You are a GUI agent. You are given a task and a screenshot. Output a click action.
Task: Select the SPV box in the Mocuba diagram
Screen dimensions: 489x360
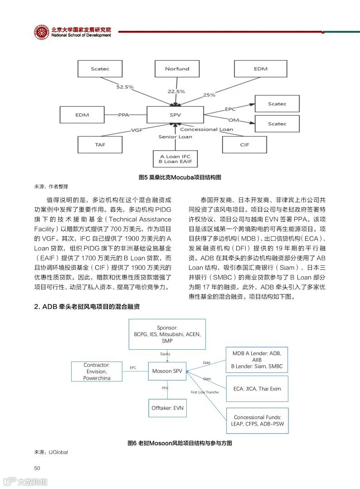coord(175,115)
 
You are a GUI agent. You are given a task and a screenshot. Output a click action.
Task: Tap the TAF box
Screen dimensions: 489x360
coord(100,145)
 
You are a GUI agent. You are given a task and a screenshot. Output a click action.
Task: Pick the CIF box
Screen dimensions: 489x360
coord(244,145)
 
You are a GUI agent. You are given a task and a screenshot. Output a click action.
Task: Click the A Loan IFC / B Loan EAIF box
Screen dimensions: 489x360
coord(175,159)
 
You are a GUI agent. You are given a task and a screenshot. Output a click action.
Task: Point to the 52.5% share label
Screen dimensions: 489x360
coord(126,86)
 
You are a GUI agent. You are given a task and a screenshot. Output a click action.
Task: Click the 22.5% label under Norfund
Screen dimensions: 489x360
coord(176,92)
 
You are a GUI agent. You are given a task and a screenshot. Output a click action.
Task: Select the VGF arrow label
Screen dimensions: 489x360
coord(137,130)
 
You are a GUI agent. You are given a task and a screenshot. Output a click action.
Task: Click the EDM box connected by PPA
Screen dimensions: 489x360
coord(82,115)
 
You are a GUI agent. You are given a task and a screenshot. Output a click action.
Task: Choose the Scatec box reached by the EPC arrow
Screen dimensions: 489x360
coord(277,104)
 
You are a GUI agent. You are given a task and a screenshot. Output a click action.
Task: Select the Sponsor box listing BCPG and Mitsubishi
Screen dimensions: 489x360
coord(167,334)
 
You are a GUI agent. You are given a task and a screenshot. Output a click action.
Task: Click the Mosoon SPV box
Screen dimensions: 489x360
coord(167,371)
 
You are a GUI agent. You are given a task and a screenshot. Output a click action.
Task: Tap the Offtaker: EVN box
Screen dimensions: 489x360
coord(167,408)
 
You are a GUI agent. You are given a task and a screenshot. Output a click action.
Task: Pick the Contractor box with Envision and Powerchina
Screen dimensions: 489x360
coord(97,371)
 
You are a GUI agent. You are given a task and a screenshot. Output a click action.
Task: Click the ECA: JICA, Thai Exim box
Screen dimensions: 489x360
coord(257,389)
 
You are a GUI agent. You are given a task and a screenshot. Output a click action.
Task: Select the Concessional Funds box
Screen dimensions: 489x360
coord(257,421)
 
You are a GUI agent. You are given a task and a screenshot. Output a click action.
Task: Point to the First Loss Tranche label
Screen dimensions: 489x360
coord(204,392)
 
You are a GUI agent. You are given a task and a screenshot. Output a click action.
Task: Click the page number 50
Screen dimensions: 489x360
coord(38,468)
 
